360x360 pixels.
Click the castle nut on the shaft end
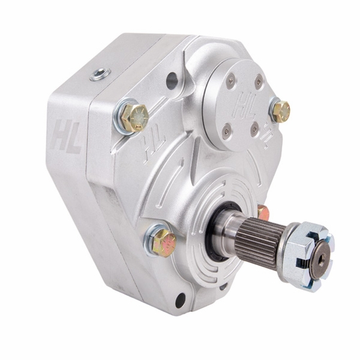tap(306, 258)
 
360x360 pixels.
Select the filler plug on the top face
tap(100, 75)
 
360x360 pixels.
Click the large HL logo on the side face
tap(66, 137)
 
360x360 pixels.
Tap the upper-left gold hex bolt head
tap(134, 117)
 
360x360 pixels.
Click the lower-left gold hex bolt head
tap(164, 243)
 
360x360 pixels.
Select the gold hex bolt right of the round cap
tap(281, 112)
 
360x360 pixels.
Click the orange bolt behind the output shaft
tap(264, 213)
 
